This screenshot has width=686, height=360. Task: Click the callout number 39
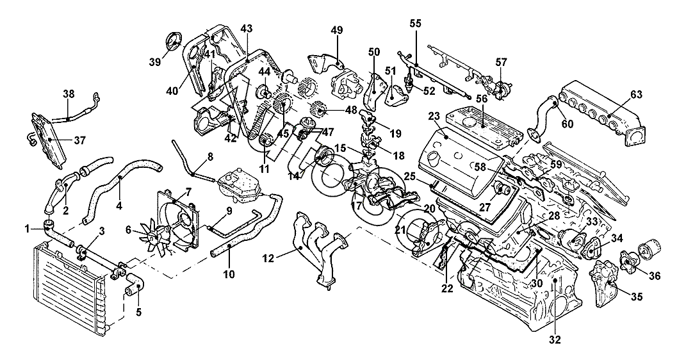pos(154,61)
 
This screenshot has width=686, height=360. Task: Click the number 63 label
pos(635,95)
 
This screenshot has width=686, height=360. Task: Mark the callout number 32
pos(555,340)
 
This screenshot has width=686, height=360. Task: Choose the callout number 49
pos(338,31)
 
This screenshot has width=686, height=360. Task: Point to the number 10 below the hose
pos(229,274)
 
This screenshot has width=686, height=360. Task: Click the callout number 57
pos(501,61)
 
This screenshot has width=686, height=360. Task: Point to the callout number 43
pos(247,28)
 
